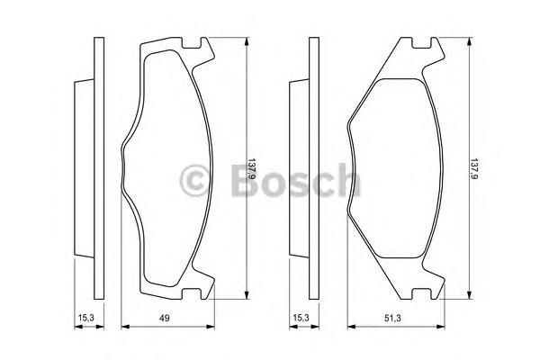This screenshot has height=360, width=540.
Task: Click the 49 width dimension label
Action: pos(165,318)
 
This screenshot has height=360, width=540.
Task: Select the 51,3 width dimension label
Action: pos(392,318)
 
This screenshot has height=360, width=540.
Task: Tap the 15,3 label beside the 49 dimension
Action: pos(85,318)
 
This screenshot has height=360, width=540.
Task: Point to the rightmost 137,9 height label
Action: pos(474,169)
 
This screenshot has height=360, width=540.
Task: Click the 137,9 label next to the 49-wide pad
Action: pos(252,169)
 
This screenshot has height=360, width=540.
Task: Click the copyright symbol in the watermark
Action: pos(194,180)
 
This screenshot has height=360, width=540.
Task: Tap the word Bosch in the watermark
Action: pos(295,180)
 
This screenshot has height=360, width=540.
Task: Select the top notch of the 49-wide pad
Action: pos(191,43)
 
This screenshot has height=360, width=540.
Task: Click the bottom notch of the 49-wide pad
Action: pos(191,293)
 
